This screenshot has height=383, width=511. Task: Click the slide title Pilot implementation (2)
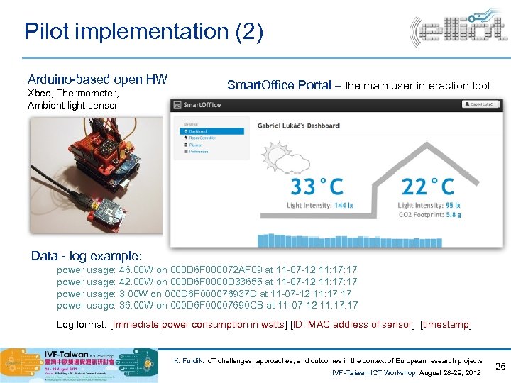point(143,31)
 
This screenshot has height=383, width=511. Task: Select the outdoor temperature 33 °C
point(317,187)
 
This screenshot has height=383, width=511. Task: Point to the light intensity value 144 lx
point(343,206)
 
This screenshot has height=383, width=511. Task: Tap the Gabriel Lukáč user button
point(483,104)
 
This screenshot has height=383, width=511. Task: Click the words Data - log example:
point(87,255)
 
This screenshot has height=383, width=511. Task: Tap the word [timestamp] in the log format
point(446,325)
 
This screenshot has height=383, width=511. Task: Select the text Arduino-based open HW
point(97,79)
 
